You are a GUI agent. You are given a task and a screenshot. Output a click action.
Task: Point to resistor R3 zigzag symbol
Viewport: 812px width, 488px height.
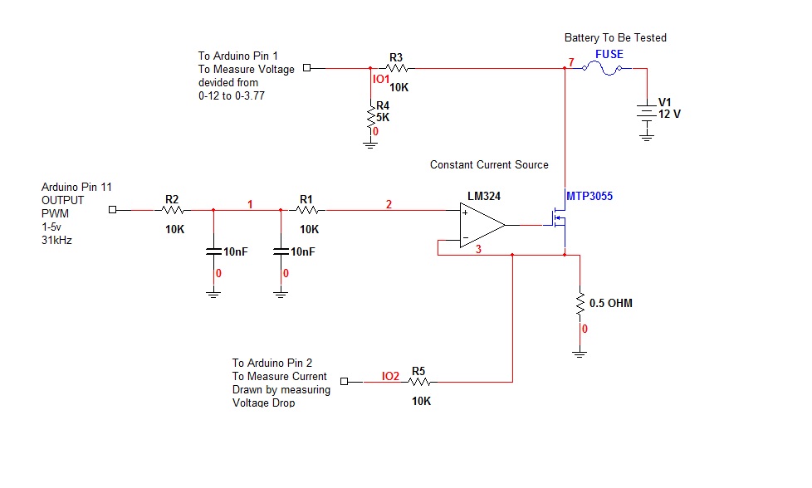(397, 69)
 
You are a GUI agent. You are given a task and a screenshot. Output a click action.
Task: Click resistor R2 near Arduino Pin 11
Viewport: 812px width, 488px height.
(173, 210)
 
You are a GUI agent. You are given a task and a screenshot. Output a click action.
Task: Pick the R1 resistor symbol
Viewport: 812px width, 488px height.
(307, 210)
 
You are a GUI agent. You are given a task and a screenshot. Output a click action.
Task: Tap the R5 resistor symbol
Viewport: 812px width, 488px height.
(420, 383)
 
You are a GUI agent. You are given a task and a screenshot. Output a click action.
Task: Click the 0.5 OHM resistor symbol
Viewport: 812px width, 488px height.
(580, 304)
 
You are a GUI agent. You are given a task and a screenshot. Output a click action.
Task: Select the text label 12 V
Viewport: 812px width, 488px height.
(669, 114)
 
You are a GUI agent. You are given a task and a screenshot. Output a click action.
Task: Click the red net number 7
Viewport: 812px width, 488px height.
(570, 62)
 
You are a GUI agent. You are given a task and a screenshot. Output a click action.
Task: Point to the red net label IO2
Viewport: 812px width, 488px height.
(390, 376)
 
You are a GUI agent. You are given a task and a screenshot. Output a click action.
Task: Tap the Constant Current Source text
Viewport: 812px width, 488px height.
(489, 164)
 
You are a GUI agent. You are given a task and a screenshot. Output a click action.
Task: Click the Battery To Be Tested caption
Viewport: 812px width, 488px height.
(615, 37)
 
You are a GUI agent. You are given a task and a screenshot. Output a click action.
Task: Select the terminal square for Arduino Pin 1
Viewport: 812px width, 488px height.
(306, 68)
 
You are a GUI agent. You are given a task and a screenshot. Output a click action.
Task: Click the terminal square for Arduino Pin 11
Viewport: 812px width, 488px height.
(113, 210)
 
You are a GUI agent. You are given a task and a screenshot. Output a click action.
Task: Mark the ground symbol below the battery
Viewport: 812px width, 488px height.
(647, 137)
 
